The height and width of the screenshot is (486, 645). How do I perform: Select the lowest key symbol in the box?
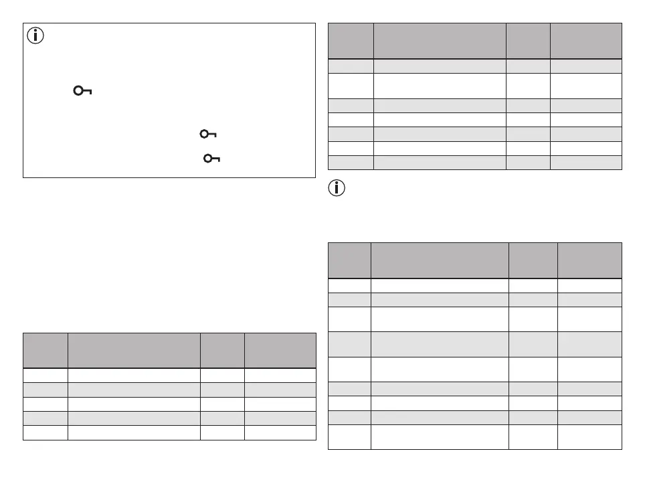[211, 158]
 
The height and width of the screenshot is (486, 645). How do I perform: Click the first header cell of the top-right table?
[351, 41]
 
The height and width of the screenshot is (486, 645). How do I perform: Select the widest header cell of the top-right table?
[439, 41]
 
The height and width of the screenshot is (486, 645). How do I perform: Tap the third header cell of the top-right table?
[528, 41]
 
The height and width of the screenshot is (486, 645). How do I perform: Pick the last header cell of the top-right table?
[586, 41]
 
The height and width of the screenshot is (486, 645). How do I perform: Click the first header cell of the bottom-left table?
[45, 350]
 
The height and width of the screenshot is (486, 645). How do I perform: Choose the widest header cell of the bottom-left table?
[134, 350]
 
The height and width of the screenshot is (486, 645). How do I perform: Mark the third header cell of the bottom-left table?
[223, 350]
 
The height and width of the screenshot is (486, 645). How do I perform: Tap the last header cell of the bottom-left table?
[280, 350]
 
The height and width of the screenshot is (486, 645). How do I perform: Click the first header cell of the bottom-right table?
[349, 260]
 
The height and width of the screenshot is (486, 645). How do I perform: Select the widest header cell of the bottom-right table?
[440, 260]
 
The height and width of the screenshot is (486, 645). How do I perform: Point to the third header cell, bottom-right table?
[533, 260]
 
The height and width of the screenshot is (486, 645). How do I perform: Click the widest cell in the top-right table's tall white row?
[439, 86]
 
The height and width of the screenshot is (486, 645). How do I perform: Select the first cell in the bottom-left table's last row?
[45, 432]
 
